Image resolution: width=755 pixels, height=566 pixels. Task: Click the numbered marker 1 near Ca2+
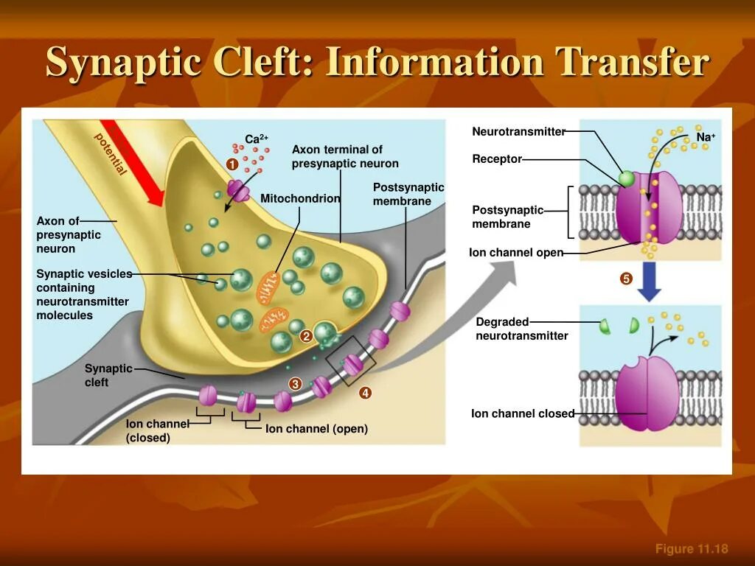(x=232, y=165)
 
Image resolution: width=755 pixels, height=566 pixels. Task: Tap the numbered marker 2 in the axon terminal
(x=306, y=337)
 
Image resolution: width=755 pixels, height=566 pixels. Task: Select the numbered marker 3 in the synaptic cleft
(x=295, y=384)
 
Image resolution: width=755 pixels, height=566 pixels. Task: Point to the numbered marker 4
(x=365, y=394)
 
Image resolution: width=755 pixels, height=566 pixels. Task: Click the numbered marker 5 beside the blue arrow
(x=626, y=279)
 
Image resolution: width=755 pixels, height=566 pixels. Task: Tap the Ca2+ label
(x=256, y=139)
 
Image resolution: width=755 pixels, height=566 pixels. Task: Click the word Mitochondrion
(x=300, y=199)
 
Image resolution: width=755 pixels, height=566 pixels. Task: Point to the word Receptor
(x=497, y=159)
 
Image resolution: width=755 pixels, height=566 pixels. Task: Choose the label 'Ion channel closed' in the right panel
(x=522, y=414)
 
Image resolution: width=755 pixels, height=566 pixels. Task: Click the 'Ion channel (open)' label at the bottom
(x=316, y=429)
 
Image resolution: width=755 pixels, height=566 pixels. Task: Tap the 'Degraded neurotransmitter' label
(x=521, y=329)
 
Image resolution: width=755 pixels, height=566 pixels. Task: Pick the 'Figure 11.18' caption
(x=692, y=548)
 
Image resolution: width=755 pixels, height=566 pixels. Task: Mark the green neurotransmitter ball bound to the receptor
(x=626, y=178)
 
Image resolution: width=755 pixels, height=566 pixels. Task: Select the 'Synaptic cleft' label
(x=108, y=375)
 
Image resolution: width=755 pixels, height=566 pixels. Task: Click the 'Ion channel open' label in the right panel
(x=516, y=253)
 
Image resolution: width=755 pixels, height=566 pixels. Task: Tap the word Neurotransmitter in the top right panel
(x=518, y=132)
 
